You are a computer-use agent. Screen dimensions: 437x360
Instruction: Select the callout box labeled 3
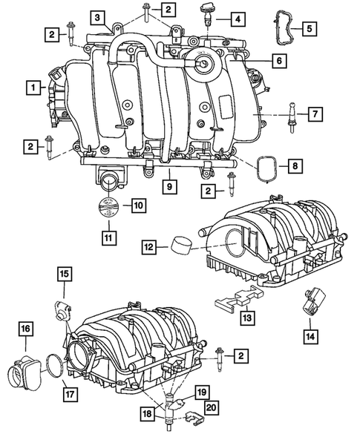pos(99,16)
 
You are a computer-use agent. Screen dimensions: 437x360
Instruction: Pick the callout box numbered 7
pos(314,114)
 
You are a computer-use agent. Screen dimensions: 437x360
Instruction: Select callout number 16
pos(25,328)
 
